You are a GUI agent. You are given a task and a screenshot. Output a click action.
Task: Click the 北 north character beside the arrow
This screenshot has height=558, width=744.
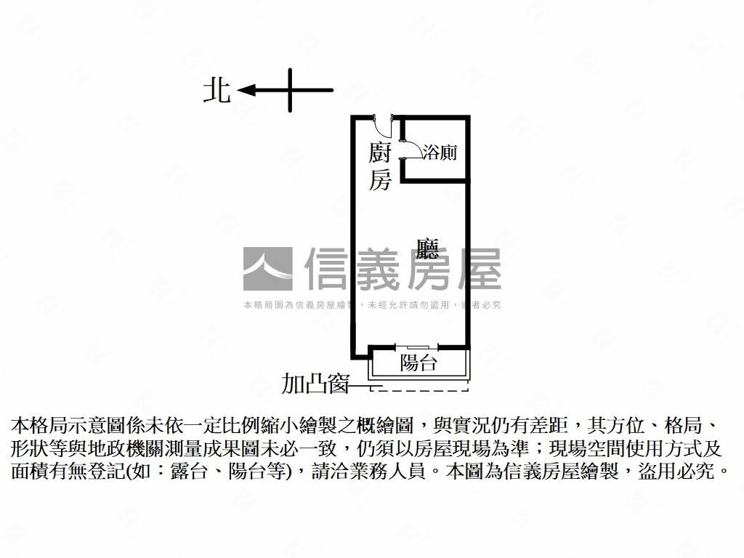(x=217, y=91)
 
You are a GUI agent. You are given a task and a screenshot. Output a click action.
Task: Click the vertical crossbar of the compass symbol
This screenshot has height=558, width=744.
(x=291, y=90)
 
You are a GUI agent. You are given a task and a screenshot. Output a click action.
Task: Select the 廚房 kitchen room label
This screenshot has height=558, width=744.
(x=380, y=166)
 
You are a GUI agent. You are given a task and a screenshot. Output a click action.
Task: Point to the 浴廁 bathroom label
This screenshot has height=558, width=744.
(x=440, y=153)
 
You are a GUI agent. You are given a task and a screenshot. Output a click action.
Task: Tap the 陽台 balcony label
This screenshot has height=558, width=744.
(x=418, y=363)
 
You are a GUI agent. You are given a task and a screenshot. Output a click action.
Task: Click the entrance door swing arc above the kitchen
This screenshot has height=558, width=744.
(x=381, y=123)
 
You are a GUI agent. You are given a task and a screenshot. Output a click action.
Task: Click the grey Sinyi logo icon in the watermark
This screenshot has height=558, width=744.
(x=267, y=269)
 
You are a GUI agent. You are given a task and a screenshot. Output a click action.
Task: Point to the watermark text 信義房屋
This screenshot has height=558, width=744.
(x=403, y=269)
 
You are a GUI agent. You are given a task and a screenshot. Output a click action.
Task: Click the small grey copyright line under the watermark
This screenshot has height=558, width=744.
(x=372, y=305)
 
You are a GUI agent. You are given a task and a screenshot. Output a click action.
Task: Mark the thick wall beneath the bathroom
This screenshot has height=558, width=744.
(x=433, y=178)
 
